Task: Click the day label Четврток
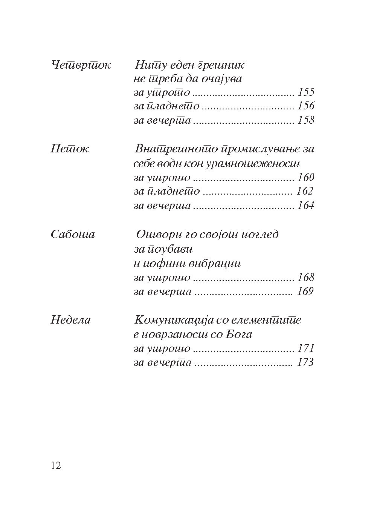(81, 65)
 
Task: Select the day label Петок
(69, 149)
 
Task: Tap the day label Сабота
(72, 234)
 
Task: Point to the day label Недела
(70, 320)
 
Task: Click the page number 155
(305, 92)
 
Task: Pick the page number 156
(305, 106)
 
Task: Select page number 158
(305, 120)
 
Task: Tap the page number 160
(305, 178)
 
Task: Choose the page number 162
(305, 191)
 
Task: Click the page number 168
(305, 278)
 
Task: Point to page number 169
(305, 292)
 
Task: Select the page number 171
(305, 348)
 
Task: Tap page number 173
(305, 363)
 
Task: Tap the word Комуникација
(173, 320)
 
